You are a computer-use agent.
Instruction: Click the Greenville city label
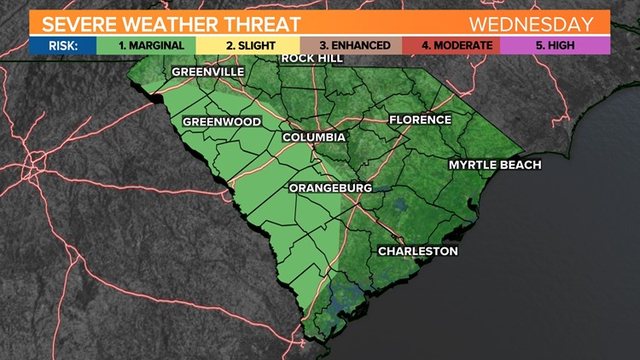pos(208,72)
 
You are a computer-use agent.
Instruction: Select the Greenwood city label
pos(222,122)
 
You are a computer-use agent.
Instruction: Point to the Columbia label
pos(315,136)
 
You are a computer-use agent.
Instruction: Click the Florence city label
pos(420,119)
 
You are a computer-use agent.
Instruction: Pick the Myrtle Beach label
pos(496,165)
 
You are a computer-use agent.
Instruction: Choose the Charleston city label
pos(418,251)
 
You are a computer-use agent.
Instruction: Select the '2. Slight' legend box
pos(247,44)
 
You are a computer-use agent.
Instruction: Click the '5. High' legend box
pos(555,44)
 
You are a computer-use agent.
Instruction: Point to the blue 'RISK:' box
pos(61,44)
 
